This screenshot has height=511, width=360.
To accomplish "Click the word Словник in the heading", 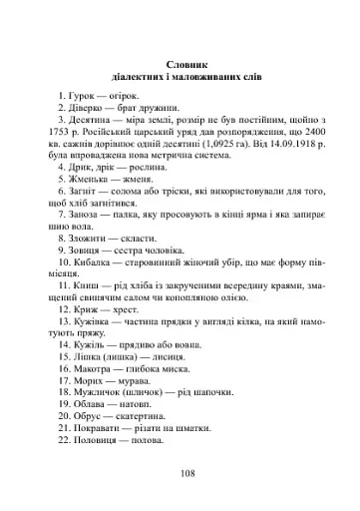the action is click(x=180, y=60).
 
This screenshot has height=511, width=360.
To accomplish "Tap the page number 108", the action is click(x=180, y=473).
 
